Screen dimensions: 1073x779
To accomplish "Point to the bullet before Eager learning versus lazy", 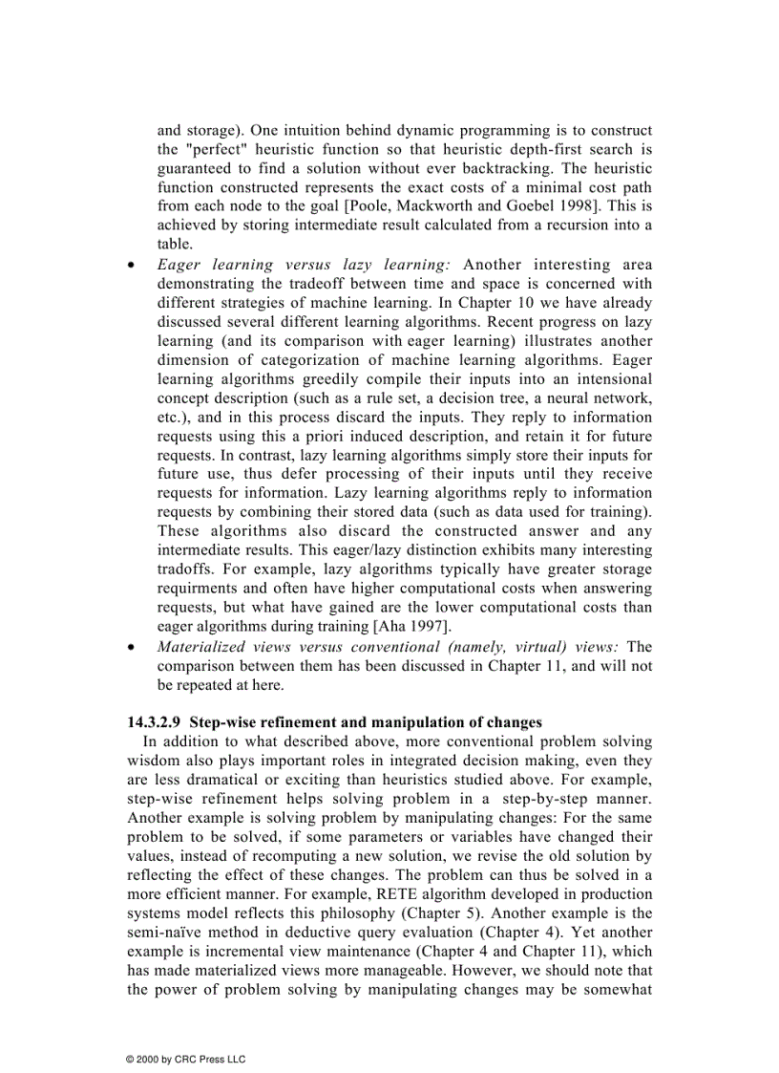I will pos(132,266).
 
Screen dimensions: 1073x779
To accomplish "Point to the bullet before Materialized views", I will pos(132,647).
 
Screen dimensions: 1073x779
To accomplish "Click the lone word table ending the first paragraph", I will pos(174,245).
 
